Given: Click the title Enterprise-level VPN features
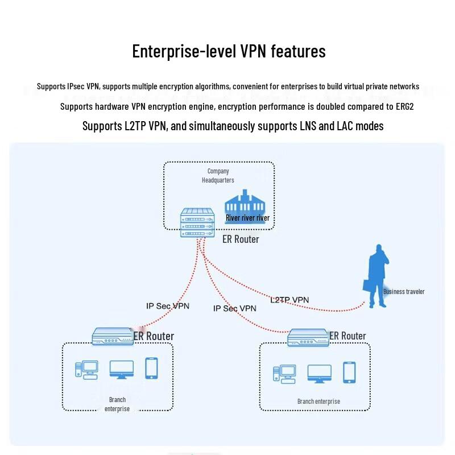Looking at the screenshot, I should coord(229,51).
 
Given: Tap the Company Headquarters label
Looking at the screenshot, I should coord(218,175).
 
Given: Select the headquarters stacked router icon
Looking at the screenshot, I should coord(197,222).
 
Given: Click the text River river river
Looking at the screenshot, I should coord(247,218).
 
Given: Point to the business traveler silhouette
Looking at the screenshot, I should coord(376,276).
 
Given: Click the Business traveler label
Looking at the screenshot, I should coord(403,292).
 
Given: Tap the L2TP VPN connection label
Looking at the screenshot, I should coord(289,300).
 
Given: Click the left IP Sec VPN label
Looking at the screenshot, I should coord(168,306).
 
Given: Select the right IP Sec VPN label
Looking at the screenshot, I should coord(235,308).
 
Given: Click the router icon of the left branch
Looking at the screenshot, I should coord(113,336).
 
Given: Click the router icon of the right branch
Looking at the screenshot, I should coord(308,337).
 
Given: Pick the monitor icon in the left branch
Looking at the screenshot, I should coord(122,370).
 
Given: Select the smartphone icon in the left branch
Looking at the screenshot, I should coord(151,368).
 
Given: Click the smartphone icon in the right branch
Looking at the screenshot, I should coord(349,372).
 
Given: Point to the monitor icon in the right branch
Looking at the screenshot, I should coord(319,373).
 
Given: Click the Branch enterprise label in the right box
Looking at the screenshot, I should coord(318,402).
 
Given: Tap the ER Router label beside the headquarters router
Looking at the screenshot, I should coord(241,239).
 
